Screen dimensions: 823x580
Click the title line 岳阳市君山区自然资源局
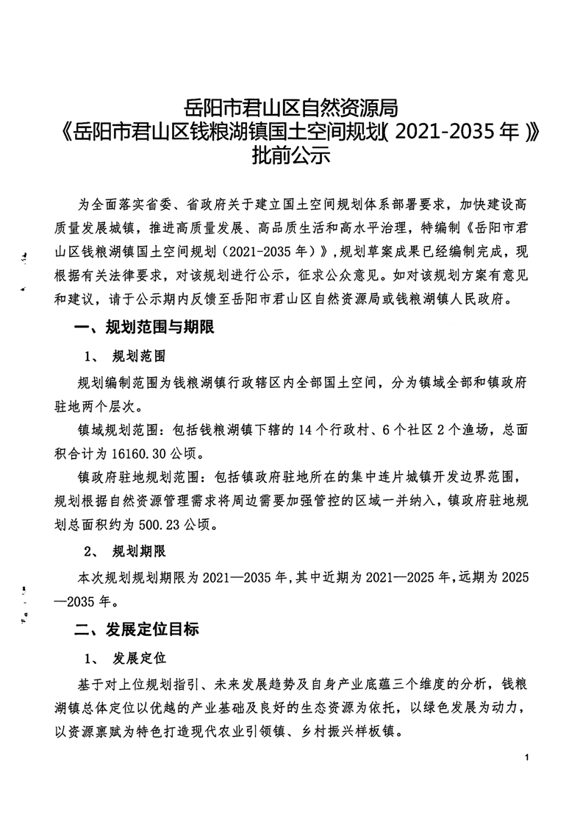point(290,109)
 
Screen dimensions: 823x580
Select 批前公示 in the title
point(290,156)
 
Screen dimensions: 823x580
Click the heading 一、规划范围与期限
point(144,328)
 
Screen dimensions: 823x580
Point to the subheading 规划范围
point(138,357)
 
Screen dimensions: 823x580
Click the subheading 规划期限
point(138,551)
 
